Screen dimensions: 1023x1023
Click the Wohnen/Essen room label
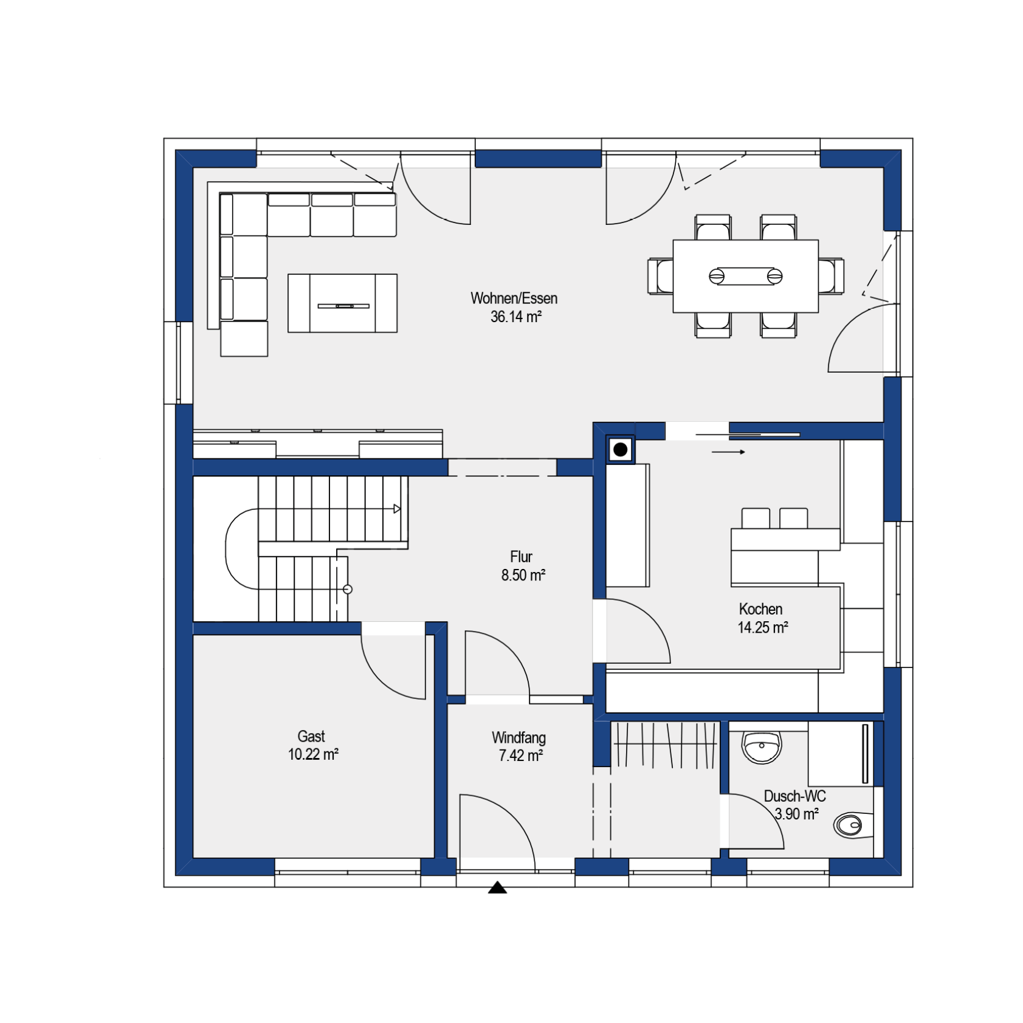514,298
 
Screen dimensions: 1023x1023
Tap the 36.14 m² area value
516,317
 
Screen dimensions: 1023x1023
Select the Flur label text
521,557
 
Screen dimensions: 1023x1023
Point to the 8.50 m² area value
523,575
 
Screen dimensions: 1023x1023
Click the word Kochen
760,609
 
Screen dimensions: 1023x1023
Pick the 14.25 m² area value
763,627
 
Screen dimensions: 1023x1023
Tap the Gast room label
311,736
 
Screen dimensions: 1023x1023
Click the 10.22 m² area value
313,754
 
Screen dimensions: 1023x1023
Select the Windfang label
518,738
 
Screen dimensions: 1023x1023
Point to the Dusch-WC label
794,796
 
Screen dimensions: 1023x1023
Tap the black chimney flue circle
620,450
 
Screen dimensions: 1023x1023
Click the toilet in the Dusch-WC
853,825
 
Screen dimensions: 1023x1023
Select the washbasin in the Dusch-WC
761,747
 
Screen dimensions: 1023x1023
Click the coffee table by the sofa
342,303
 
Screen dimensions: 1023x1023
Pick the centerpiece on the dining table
745,276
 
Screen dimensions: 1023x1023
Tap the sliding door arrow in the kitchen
728,452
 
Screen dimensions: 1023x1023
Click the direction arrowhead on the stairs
397,509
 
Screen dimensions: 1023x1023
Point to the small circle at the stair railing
348,589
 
